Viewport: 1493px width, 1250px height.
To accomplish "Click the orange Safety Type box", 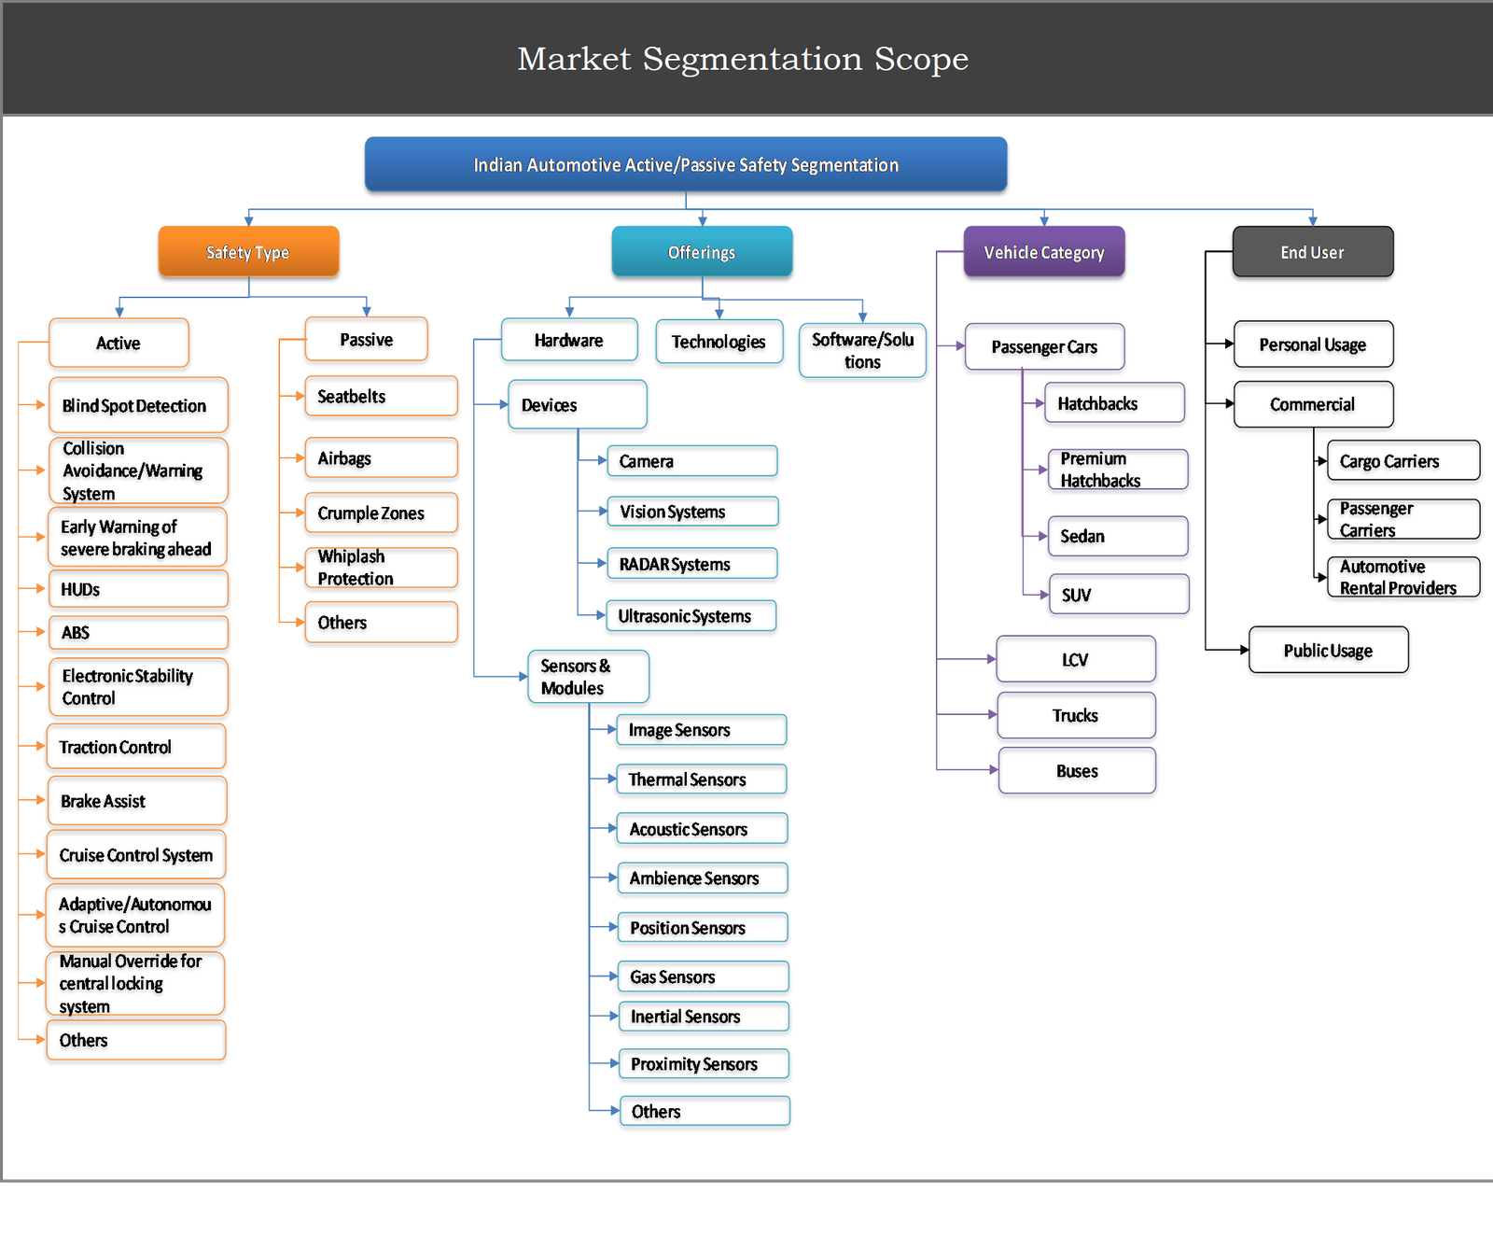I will pos(248,252).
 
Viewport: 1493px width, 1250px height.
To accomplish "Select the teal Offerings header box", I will pos(702,252).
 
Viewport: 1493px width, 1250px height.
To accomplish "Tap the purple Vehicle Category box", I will pos(1043,252).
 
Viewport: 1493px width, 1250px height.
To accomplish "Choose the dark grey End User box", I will pos(1312,252).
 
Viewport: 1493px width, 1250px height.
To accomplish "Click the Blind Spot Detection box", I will pos(138,405).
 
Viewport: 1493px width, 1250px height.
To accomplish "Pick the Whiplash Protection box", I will pos(381,568).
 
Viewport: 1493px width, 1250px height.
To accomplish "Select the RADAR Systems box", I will pos(691,564).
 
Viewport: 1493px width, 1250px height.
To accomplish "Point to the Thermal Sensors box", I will pos(701,779).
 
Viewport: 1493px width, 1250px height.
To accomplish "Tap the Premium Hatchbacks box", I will pos(1118,470).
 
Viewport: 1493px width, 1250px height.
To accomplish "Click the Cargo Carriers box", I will pos(1402,461).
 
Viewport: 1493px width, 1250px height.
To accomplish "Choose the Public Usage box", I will pos(1328,651).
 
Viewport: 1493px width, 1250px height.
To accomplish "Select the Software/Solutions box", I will pos(862,351).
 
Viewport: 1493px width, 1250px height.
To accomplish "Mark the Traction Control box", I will pos(136,747).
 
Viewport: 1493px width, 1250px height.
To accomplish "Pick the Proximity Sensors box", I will pos(704,1064).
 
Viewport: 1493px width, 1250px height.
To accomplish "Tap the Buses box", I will pos(1077,771).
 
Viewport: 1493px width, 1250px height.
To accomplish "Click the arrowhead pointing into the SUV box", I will pos(1043,595).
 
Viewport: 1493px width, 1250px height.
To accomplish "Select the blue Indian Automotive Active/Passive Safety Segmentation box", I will pos(686,165).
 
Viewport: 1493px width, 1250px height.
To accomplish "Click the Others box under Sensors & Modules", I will pos(705,1111).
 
